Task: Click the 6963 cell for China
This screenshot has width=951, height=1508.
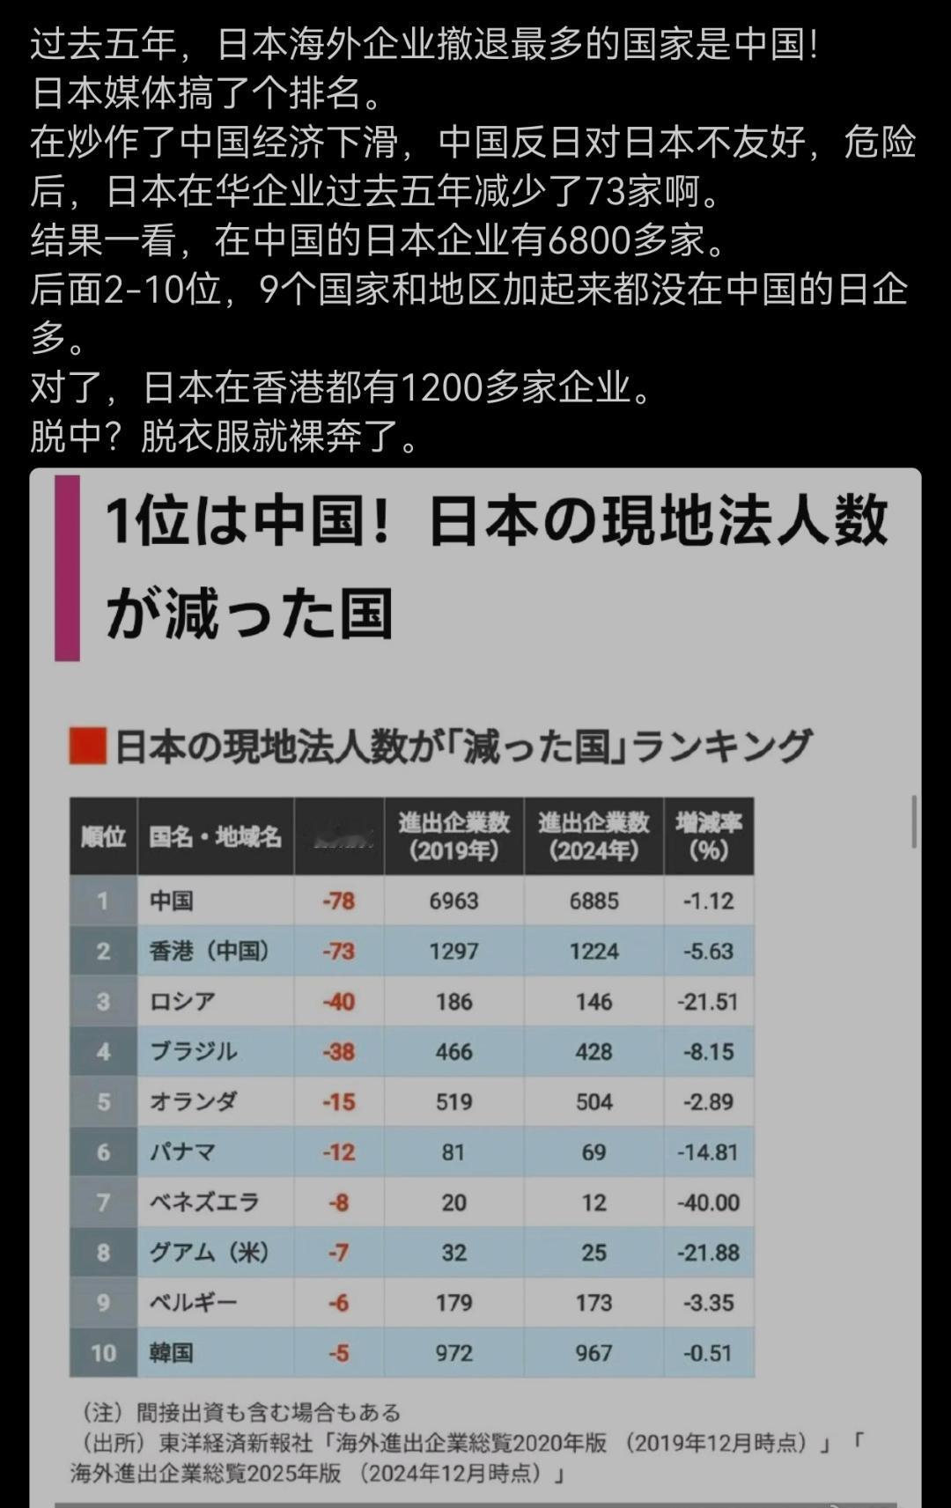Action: pyautogui.click(x=453, y=901)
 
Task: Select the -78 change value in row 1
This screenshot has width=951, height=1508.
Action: pyautogui.click(x=339, y=901)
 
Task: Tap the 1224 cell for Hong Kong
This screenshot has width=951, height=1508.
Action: pyautogui.click(x=593, y=951)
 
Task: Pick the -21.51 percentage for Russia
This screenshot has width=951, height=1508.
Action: pyautogui.click(x=708, y=1001)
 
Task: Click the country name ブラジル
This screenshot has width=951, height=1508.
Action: pyautogui.click(x=194, y=1051)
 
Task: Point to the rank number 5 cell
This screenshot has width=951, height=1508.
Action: pyautogui.click(x=103, y=1101)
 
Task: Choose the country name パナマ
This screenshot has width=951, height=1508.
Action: pyautogui.click(x=183, y=1151)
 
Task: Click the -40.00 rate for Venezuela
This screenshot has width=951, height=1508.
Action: pyautogui.click(x=708, y=1202)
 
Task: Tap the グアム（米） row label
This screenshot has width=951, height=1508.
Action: pyautogui.click(x=209, y=1252)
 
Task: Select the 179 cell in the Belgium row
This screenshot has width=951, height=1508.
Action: pyautogui.click(x=453, y=1302)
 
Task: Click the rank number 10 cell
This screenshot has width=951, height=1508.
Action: pyautogui.click(x=103, y=1352)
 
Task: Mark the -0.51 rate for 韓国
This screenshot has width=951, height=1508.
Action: pyautogui.click(x=708, y=1352)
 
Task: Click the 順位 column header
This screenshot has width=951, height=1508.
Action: pyautogui.click(x=103, y=836)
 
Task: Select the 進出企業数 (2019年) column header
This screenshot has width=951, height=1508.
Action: pyautogui.click(x=453, y=836)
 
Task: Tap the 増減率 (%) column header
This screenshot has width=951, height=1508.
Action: pyautogui.click(x=708, y=836)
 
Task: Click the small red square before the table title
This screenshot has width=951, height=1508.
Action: pyautogui.click(x=87, y=746)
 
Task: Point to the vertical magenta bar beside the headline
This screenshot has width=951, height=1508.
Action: pyautogui.click(x=67, y=568)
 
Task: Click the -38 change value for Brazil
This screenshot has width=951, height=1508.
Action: pyautogui.click(x=339, y=1051)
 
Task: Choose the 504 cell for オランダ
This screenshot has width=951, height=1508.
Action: pyautogui.click(x=593, y=1101)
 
